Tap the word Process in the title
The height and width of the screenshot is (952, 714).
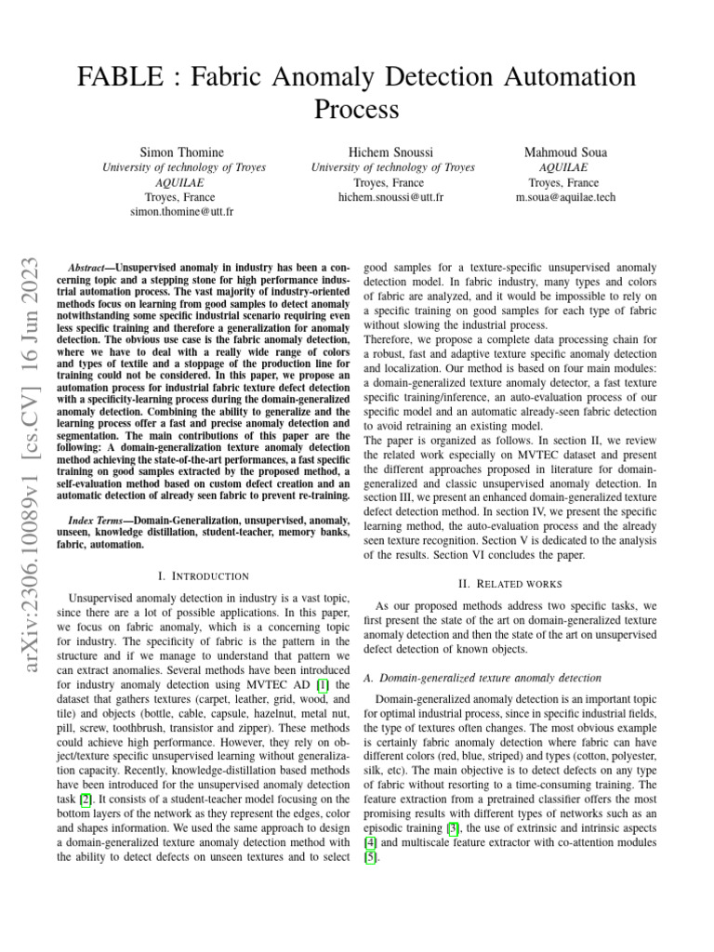click(x=356, y=110)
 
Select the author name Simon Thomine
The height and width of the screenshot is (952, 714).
click(x=181, y=152)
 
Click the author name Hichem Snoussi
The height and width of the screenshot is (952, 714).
click(x=393, y=152)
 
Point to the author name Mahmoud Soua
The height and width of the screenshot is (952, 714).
click(x=565, y=152)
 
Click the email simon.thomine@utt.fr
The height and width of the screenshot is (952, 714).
click(x=181, y=212)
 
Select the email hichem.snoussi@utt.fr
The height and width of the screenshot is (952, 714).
click(x=393, y=197)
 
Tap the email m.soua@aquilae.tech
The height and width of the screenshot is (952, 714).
click(x=565, y=197)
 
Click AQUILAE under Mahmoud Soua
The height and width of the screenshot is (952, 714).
click(x=565, y=167)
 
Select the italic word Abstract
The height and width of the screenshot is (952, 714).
click(x=91, y=266)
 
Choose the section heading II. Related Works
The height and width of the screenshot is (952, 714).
click(x=511, y=584)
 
